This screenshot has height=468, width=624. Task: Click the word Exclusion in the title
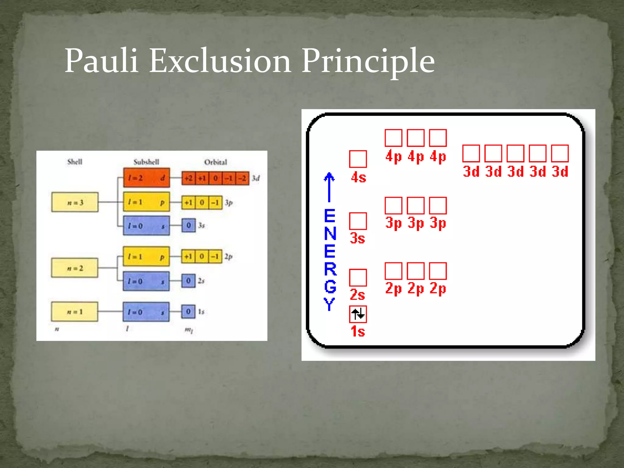click(220, 61)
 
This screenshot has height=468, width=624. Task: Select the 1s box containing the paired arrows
click(358, 314)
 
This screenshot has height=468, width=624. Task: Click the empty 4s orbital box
click(358, 159)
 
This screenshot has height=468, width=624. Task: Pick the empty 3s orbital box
click(358, 221)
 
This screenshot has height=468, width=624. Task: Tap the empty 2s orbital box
click(358, 278)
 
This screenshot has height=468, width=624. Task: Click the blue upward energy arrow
click(329, 187)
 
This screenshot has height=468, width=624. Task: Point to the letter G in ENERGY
click(330, 286)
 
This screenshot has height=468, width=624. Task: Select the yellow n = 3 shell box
click(75, 202)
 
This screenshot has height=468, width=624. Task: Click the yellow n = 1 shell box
click(75, 311)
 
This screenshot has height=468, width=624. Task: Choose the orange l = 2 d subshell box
click(147, 178)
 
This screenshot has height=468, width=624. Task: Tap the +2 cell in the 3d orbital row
click(188, 178)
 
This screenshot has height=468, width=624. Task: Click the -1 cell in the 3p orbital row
click(215, 203)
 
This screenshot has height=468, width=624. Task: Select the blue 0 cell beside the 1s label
click(188, 311)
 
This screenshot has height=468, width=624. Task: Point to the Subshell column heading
click(146, 162)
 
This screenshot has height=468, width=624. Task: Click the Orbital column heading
click(215, 162)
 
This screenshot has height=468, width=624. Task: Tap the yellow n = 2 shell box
click(75, 268)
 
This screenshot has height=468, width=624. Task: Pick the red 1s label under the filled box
click(358, 331)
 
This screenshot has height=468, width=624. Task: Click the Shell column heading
click(75, 161)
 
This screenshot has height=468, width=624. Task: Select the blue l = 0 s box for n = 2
click(146, 281)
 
